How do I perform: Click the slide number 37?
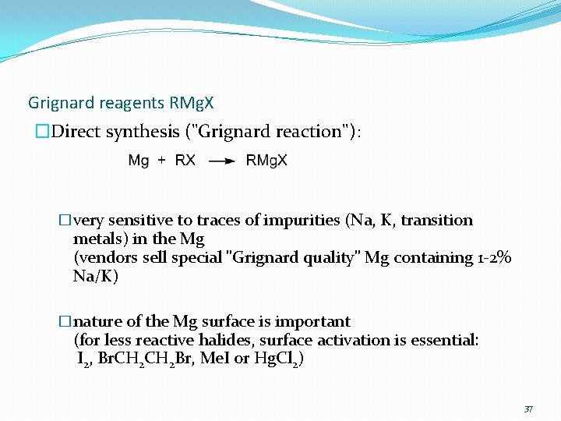click(527, 409)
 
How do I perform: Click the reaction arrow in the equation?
click(222, 161)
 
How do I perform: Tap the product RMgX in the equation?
click(266, 161)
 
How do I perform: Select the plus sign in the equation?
click(161, 161)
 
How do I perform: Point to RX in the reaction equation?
click(185, 161)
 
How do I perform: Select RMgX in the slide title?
click(191, 103)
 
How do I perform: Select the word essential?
click(446, 340)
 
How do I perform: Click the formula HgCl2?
click(278, 359)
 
